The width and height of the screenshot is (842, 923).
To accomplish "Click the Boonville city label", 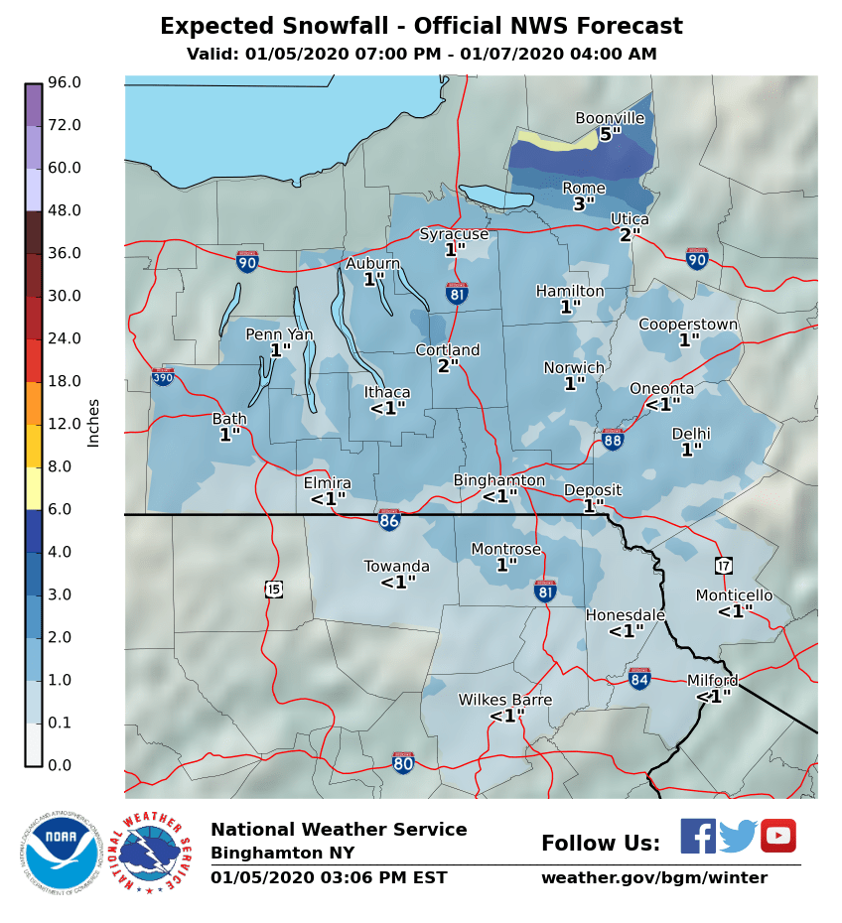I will [x=610, y=118].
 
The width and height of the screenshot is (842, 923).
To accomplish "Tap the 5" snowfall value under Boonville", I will [x=610, y=133].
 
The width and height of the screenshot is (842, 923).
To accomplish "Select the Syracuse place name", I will [x=454, y=234].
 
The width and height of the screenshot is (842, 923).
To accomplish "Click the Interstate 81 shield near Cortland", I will [x=458, y=293].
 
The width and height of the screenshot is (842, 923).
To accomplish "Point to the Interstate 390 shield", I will [x=163, y=377].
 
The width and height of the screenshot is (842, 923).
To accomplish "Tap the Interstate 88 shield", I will [x=613, y=440].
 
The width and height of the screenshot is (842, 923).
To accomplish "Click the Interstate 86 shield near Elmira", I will [x=389, y=519].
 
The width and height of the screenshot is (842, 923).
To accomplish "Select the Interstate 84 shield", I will [x=640, y=679].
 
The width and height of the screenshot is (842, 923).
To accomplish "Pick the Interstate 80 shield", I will [x=402, y=762].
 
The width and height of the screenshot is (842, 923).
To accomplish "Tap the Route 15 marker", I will [x=274, y=590].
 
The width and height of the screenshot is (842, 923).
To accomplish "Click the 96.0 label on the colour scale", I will [x=65, y=82].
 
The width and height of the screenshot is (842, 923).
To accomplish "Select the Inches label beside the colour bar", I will [x=93, y=423].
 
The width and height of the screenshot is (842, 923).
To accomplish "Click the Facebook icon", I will [x=698, y=836].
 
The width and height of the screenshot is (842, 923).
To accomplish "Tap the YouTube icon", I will [x=778, y=836].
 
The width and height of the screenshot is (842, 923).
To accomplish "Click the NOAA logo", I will [x=61, y=852].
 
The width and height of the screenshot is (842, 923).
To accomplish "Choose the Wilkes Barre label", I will [x=504, y=700].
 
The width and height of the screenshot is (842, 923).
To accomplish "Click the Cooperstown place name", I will [x=688, y=325].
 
